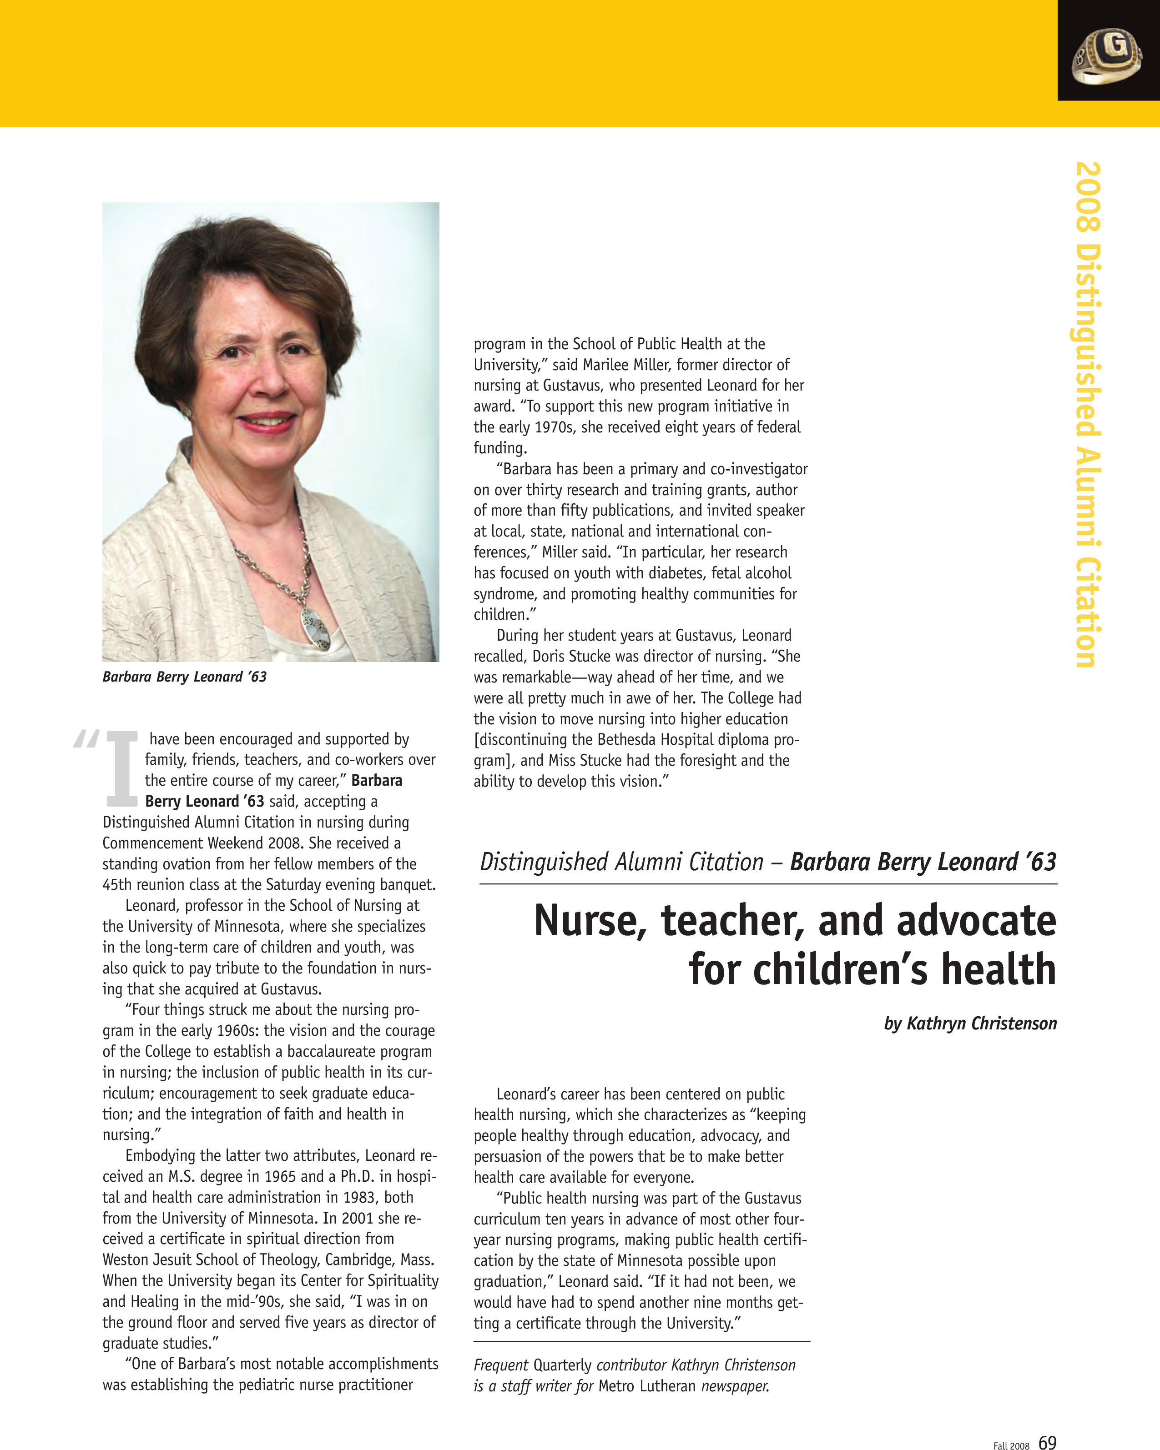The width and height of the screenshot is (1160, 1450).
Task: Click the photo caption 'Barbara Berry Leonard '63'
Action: pos(184,677)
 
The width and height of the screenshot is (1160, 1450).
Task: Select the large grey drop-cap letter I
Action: pos(122,769)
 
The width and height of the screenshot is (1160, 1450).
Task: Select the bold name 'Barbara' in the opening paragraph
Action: pos(377,780)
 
